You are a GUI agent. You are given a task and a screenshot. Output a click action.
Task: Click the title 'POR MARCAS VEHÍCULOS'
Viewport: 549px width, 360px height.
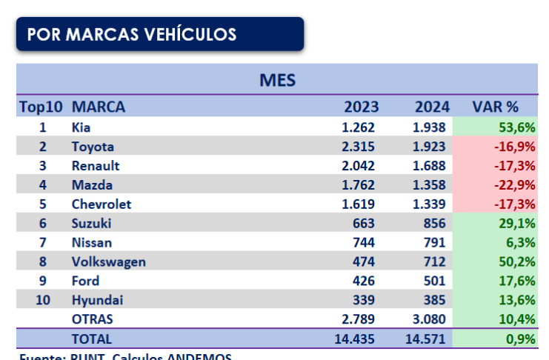tap(132, 35)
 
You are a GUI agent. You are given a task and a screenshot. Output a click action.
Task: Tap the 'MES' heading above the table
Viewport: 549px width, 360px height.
tap(278, 79)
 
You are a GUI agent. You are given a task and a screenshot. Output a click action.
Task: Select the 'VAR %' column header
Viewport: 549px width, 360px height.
tap(494, 107)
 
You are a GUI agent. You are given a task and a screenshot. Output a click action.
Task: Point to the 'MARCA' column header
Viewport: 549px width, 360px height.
tap(99, 107)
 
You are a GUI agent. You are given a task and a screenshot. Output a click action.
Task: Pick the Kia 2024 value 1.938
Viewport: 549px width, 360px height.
tap(430, 127)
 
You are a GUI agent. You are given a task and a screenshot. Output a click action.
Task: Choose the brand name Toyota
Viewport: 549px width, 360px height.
tap(93, 147)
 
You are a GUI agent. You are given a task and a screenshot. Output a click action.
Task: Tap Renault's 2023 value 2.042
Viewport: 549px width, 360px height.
tap(359, 166)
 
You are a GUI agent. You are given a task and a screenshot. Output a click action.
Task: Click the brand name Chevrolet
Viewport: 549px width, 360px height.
tap(101, 204)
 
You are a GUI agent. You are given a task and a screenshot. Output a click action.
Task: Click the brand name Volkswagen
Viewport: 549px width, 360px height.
tap(108, 261)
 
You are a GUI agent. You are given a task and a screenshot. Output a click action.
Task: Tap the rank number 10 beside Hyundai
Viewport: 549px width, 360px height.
tap(42, 300)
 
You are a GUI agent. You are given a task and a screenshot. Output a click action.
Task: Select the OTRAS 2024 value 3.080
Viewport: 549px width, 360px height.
tap(430, 319)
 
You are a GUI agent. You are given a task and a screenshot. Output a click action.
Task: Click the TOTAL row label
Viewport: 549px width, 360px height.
tap(92, 339)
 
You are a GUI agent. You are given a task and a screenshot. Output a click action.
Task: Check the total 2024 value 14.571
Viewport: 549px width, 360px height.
tap(426, 339)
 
